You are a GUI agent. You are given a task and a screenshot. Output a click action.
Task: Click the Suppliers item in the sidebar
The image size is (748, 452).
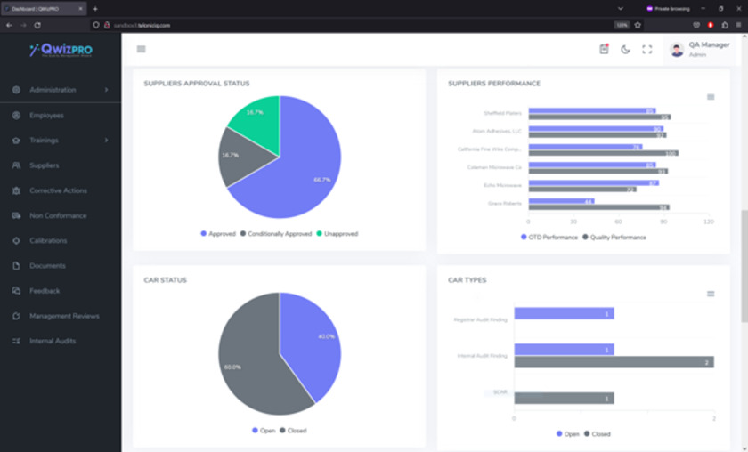tap(44, 165)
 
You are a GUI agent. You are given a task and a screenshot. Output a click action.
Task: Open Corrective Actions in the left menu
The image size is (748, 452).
tap(58, 190)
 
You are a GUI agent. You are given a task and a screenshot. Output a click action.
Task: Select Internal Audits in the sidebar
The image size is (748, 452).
tap(53, 341)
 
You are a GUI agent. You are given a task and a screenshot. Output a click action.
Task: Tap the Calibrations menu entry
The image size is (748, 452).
tap(48, 240)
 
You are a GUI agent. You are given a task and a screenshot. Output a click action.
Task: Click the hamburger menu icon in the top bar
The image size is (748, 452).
tap(141, 50)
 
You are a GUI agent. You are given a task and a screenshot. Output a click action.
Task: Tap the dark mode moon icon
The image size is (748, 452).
tap(625, 50)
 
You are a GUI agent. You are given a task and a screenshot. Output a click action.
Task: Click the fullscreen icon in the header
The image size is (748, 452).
tap(647, 50)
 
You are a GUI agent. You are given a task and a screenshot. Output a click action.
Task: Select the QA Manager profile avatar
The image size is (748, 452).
tap(677, 50)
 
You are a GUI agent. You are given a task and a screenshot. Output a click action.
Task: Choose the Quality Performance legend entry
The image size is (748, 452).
tap(614, 238)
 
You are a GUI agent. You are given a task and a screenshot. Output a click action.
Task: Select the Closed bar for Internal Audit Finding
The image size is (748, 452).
tap(614, 362)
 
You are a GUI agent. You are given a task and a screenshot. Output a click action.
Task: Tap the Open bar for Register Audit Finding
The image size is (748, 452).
tap(564, 313)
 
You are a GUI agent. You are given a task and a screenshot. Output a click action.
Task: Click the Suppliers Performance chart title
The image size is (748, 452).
tap(494, 84)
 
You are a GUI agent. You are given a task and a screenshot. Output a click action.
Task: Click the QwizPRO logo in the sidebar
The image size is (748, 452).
tap(61, 51)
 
